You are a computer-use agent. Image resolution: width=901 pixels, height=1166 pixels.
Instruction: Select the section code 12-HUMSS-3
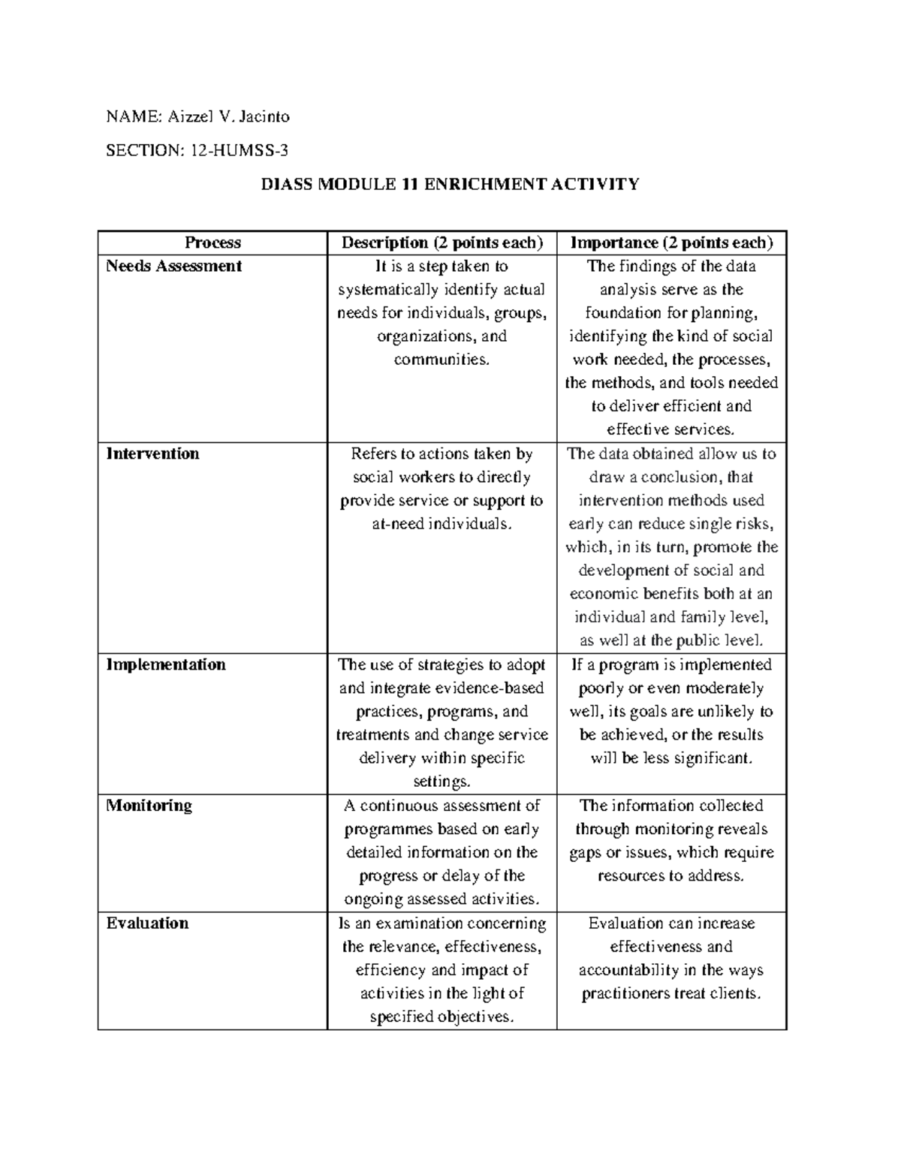coord(238,150)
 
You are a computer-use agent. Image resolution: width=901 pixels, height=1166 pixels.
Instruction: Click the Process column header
coord(212,243)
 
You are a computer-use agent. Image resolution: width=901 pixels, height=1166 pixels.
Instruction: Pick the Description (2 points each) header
coord(441,243)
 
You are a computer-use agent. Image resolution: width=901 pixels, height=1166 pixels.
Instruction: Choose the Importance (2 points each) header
coord(671,243)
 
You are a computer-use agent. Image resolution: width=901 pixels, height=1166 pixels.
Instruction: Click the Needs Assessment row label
coord(173,266)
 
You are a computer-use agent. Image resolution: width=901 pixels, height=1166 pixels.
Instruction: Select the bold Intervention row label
coord(152,453)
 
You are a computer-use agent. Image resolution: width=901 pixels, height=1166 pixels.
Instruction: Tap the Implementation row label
coord(165,664)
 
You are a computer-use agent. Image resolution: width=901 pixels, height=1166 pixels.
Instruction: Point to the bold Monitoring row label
coord(149,806)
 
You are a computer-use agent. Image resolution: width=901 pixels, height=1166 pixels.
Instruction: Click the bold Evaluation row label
coord(147,923)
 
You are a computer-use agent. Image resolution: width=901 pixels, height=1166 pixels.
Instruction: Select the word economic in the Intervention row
coord(601,594)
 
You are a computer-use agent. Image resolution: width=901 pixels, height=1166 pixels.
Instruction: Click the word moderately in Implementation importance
coord(725,688)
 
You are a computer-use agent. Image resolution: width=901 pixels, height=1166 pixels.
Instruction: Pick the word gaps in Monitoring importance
coord(586,853)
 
